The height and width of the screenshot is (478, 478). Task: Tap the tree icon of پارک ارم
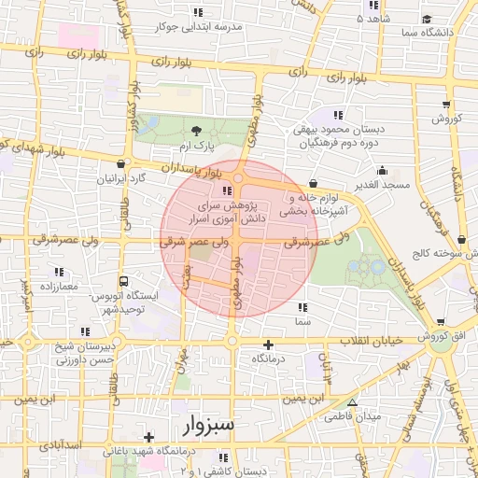pos(196,132)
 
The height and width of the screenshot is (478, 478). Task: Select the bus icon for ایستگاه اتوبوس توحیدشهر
pos(125,279)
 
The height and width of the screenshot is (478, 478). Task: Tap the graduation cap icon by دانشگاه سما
pos(427,19)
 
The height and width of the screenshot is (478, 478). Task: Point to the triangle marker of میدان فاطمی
pos(352,403)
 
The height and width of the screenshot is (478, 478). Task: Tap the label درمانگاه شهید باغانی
pos(151,451)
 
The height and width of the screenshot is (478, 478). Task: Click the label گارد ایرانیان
pos(125,177)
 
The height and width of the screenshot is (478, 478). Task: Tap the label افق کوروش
pos(445,335)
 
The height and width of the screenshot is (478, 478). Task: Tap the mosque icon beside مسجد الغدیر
pos(382,171)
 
